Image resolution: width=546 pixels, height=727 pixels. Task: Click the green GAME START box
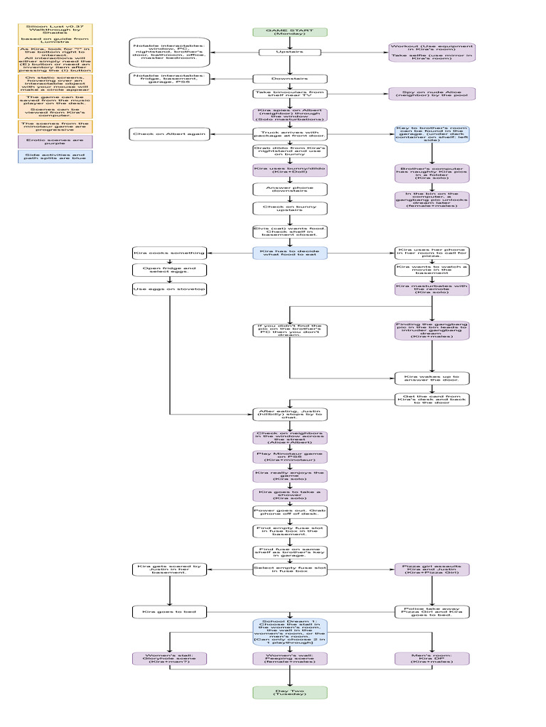point(289,32)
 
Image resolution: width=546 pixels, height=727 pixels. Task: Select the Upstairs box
point(289,52)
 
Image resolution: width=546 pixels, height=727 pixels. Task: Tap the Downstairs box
point(289,78)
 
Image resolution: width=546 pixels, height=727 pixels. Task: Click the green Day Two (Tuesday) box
point(289,692)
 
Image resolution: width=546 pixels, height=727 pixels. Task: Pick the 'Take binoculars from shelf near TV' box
point(289,93)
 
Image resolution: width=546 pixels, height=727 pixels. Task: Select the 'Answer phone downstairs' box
point(289,189)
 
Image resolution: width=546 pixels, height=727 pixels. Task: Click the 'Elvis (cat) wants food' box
point(289,231)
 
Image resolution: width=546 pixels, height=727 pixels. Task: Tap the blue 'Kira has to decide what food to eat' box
point(289,253)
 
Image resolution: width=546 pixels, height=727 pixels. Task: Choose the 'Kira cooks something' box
point(169,253)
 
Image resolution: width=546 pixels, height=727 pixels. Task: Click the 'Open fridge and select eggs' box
point(169,270)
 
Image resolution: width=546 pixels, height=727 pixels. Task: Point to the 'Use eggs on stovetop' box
point(169,289)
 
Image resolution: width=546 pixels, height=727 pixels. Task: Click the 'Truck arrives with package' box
point(289,133)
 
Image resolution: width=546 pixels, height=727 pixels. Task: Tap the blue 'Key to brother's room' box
point(432,135)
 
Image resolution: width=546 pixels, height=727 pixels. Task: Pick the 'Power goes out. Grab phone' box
point(289,512)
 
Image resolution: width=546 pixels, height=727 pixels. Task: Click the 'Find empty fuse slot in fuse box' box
point(289,531)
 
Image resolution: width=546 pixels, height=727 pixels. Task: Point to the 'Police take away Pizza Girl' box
point(432,611)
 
